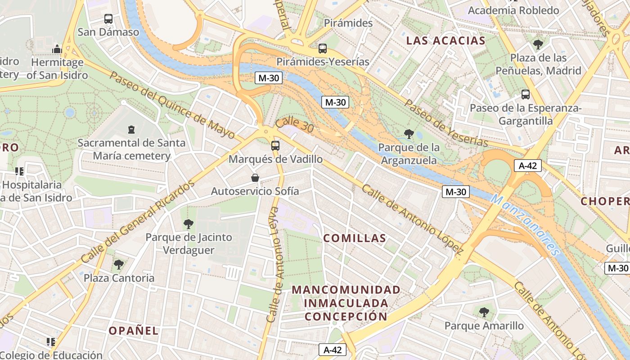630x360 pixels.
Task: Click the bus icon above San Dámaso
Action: tap(108, 19)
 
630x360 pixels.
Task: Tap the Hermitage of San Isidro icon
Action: tap(57, 49)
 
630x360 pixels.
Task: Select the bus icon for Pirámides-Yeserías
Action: tap(323, 48)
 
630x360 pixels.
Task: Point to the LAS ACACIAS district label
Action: tap(446, 41)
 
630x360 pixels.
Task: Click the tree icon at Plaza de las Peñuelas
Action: tap(538, 44)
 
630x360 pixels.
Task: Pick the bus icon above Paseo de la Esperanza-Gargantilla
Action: tap(526, 94)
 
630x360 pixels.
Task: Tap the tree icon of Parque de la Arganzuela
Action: tap(409, 134)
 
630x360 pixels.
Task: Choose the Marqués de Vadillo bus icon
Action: tap(275, 146)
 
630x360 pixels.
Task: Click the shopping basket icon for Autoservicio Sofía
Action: tap(255, 178)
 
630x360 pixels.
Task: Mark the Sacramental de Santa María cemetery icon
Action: tap(131, 130)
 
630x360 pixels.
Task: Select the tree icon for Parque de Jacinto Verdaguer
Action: tap(189, 224)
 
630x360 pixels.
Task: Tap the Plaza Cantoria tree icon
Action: tap(119, 264)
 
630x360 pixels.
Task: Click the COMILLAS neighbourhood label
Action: tap(355, 238)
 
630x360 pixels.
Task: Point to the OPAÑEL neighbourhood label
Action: tap(134, 331)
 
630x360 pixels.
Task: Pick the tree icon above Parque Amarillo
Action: tap(484, 312)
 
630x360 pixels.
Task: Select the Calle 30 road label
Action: tap(295, 126)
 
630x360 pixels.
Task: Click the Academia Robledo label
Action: tap(513, 10)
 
